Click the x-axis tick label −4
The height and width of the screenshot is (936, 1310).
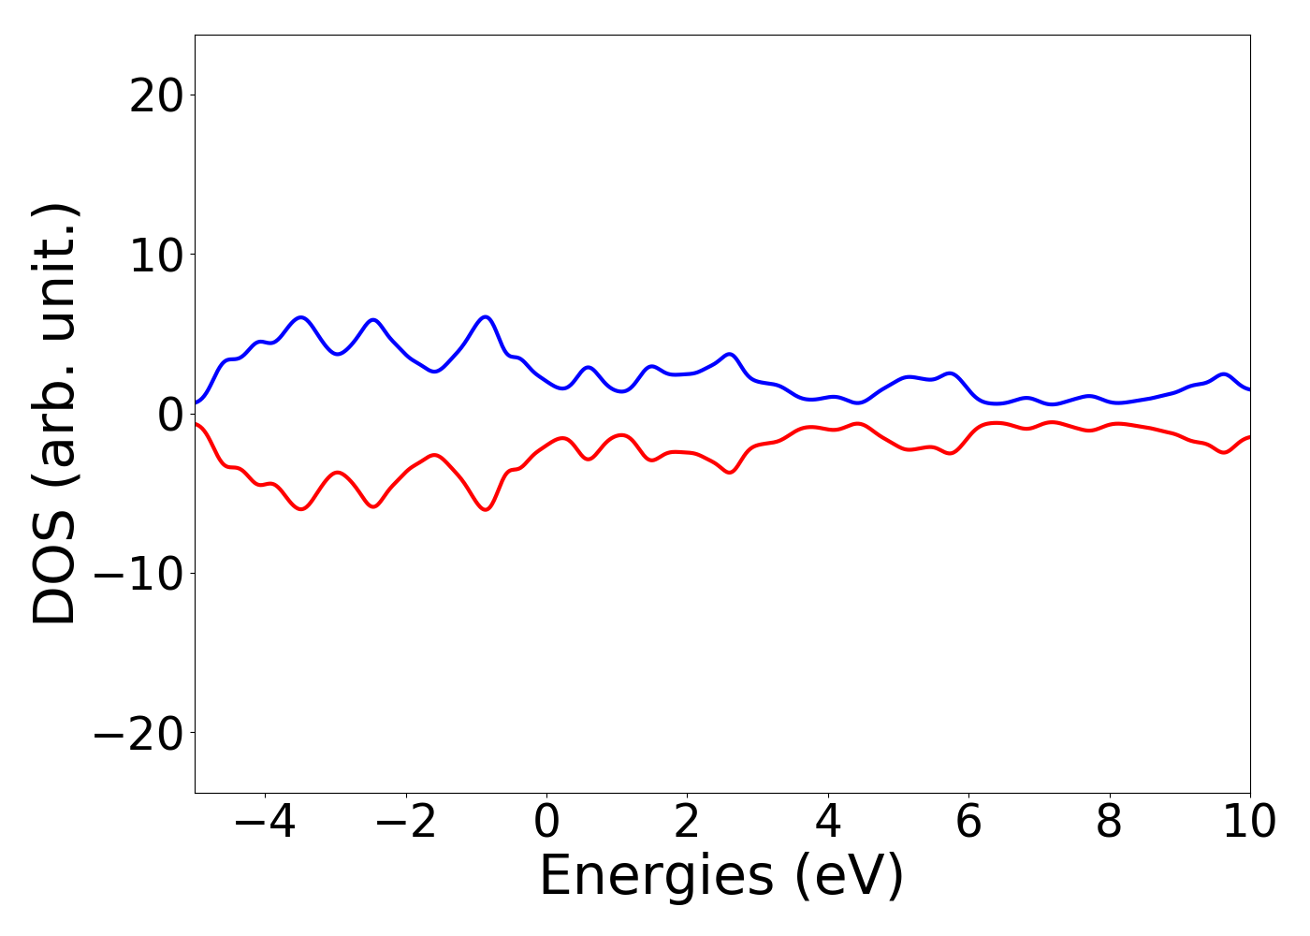(265, 823)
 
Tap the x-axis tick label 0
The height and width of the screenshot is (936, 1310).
(546, 823)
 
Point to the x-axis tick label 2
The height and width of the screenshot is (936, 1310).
(687, 823)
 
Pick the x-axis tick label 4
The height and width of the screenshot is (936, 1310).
(828, 823)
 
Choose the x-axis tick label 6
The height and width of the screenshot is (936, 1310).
(968, 823)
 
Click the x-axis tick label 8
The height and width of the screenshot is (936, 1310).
(1109, 823)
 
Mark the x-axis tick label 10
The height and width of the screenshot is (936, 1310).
(1249, 823)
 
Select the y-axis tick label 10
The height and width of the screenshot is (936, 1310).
(155, 255)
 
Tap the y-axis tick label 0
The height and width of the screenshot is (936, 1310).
(169, 414)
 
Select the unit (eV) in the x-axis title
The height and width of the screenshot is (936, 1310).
(849, 877)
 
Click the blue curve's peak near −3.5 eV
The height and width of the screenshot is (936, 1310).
(301, 317)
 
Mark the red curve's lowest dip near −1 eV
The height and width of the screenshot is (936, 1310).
(486, 510)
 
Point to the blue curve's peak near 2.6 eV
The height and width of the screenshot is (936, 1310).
(730, 354)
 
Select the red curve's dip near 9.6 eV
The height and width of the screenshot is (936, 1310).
(1224, 453)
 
